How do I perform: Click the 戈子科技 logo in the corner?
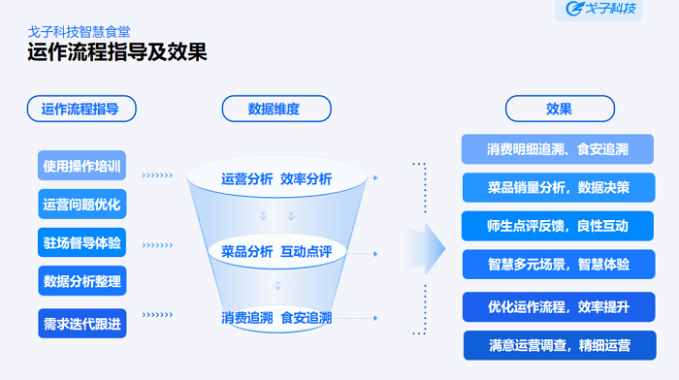[603, 10]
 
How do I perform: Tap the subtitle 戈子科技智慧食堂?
[79, 30]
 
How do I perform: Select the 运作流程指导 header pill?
[81, 109]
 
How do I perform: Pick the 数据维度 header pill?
[275, 109]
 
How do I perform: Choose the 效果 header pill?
[558, 109]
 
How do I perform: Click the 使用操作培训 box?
[82, 166]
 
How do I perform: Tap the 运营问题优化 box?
[82, 205]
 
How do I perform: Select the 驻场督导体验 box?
[82, 242]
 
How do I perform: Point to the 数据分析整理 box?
[82, 281]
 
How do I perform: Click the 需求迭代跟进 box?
[82, 324]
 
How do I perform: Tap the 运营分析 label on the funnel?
[246, 178]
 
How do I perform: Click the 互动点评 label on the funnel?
[306, 251]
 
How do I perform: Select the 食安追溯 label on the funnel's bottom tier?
[306, 317]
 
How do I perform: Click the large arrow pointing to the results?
[423, 249]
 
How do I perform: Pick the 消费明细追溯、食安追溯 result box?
[558, 149]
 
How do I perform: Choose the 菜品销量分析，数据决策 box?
[558, 187]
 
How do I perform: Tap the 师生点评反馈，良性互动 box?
[558, 226]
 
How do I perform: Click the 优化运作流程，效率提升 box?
[558, 307]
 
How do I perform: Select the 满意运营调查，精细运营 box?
[558, 344]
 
